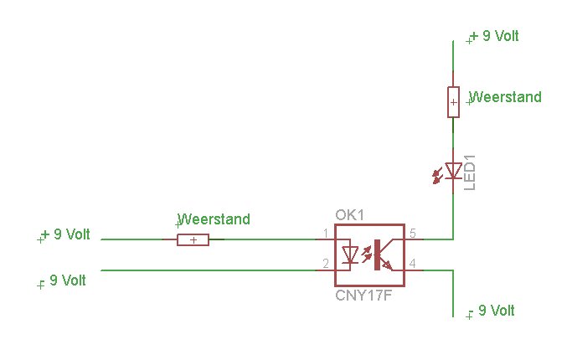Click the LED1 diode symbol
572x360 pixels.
(x=453, y=171)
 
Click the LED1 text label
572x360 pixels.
(x=470, y=171)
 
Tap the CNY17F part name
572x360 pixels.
(x=363, y=295)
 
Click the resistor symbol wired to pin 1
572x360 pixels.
(x=193, y=239)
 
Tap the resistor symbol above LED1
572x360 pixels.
(x=453, y=102)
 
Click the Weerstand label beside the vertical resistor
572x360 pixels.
(x=506, y=97)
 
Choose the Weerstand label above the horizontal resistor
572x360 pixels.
(x=214, y=219)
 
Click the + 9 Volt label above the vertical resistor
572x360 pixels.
(x=495, y=36)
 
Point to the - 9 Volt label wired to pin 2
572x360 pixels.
(x=64, y=280)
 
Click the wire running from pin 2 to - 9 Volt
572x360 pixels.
(x=209, y=270)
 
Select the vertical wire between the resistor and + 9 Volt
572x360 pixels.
(x=453, y=63)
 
